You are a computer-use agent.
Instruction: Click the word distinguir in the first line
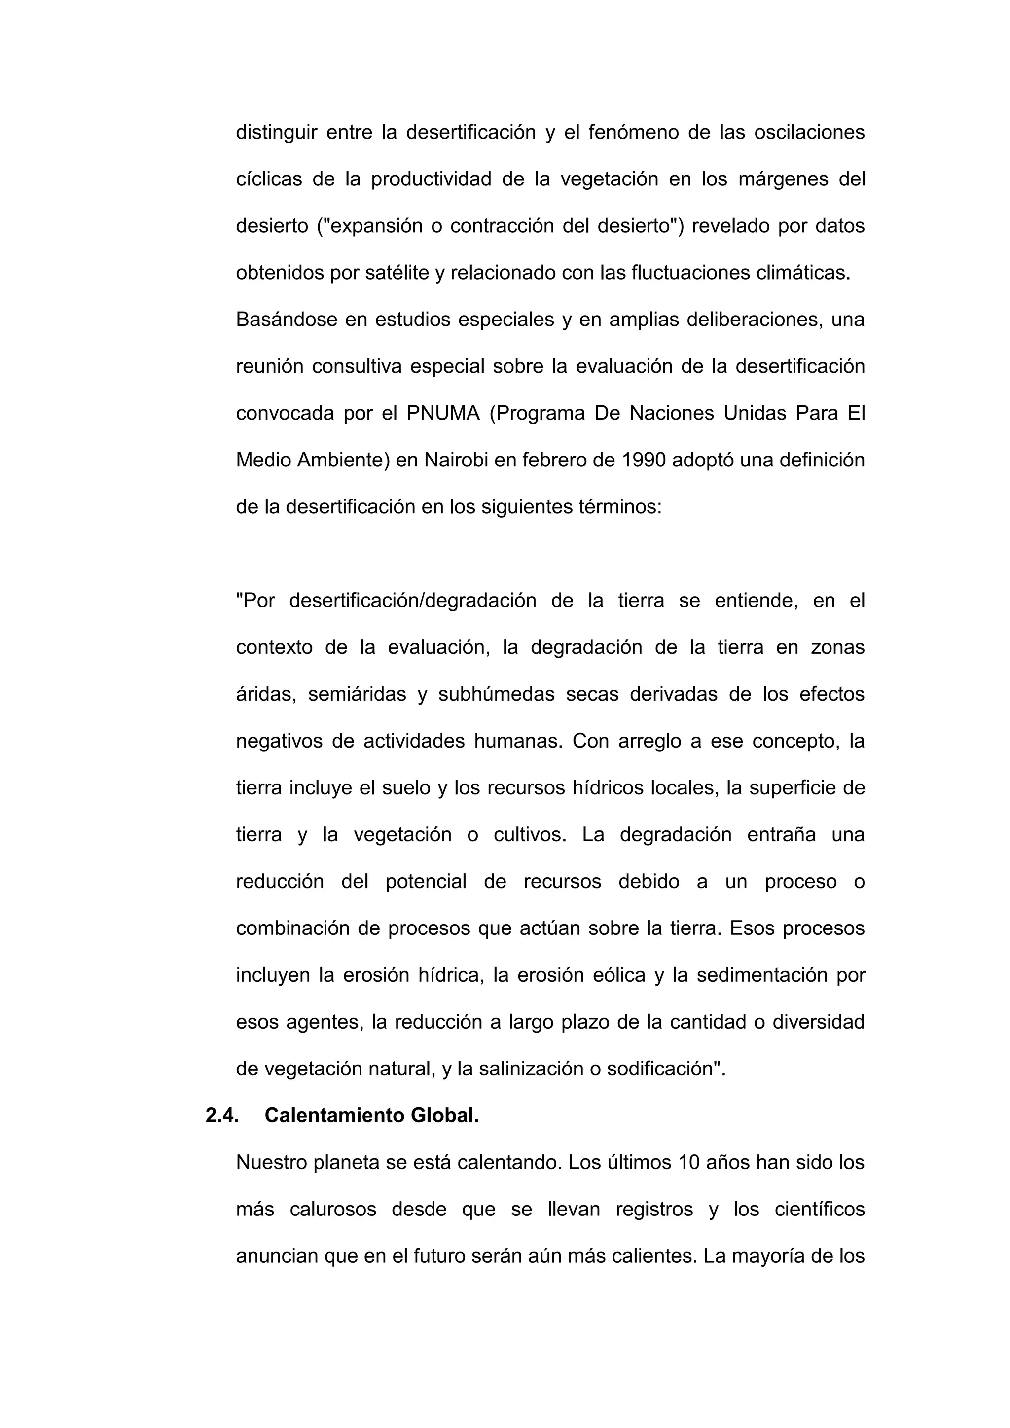[276, 133]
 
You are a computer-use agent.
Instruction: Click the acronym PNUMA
[443, 414]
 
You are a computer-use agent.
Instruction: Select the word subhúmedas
[496, 695]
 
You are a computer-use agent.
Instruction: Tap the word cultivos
[530, 835]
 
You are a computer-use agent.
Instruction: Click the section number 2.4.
[222, 1116]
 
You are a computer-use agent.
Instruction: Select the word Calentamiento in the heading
[333, 1116]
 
